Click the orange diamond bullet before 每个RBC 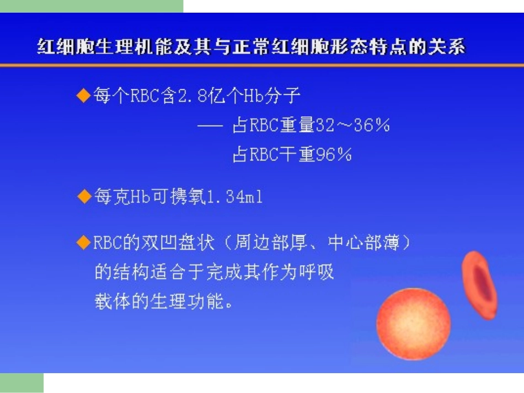(x=83, y=96)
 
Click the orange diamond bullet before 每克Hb (x=83, y=196)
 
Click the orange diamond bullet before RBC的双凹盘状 (x=83, y=243)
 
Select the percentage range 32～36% (x=353, y=126)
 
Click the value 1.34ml (x=234, y=197)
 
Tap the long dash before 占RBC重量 (x=209, y=126)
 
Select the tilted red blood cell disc (x=480, y=284)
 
